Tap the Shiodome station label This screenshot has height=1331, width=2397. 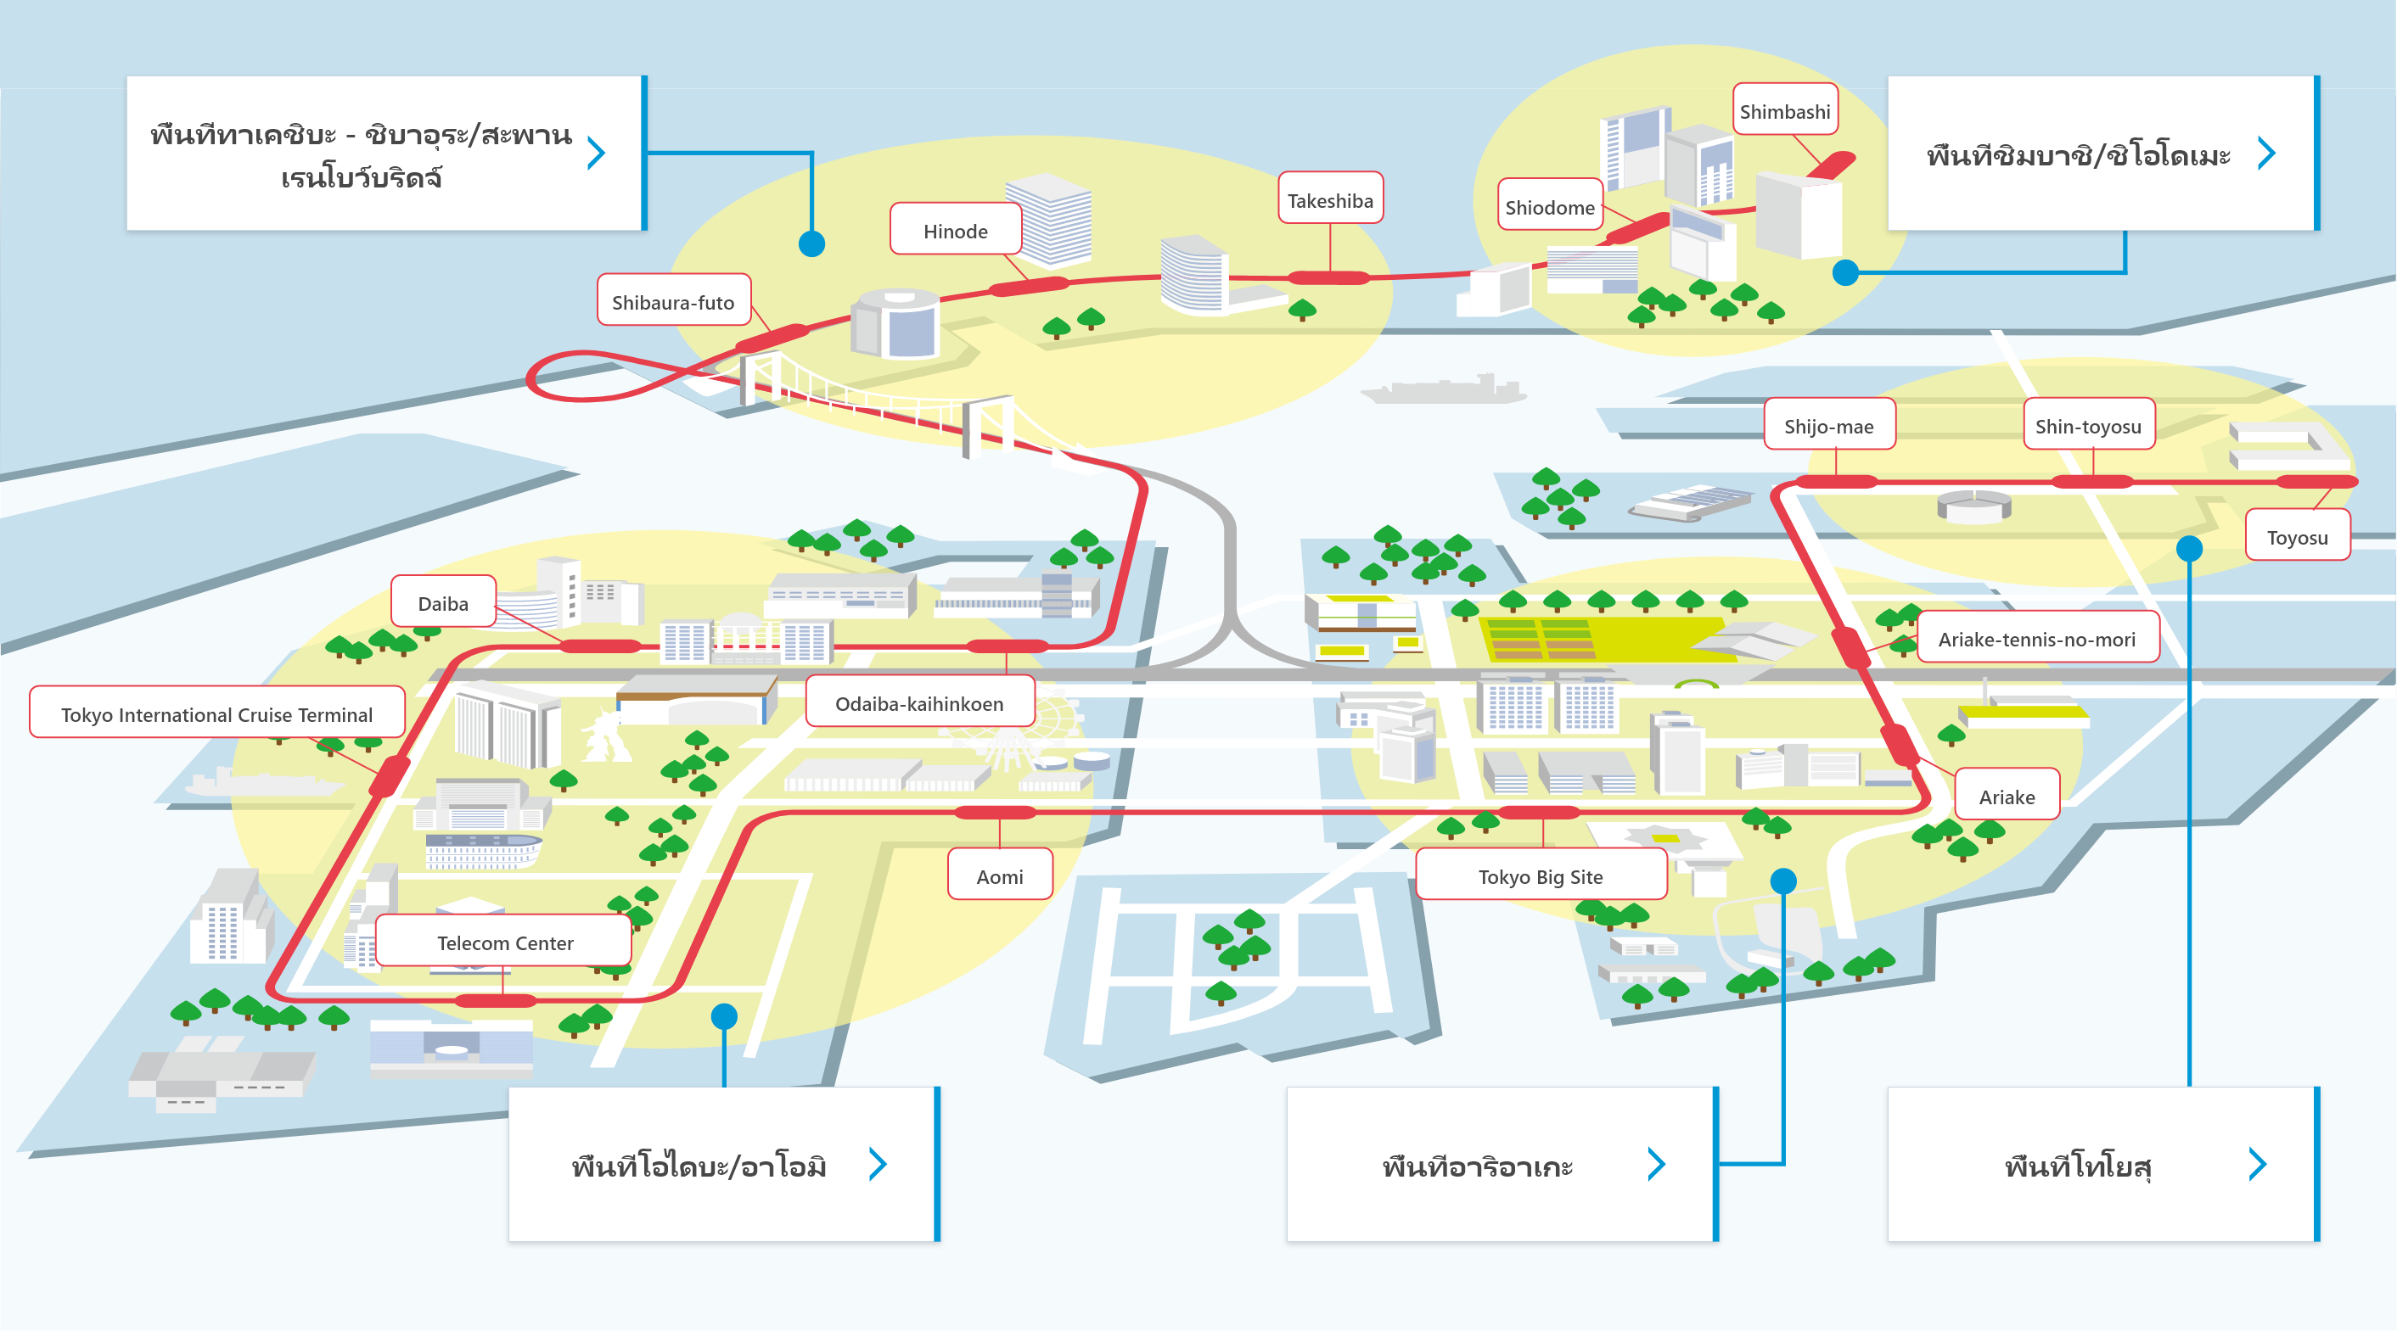pyautogui.click(x=1549, y=206)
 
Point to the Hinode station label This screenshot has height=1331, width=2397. pyautogui.click(x=956, y=230)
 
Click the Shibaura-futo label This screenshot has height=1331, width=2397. pyautogui.click(x=673, y=301)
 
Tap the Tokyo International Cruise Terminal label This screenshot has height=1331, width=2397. pyautogui.click(x=216, y=713)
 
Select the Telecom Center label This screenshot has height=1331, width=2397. pyautogui.click(x=504, y=942)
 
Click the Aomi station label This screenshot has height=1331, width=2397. pyautogui.click(x=999, y=875)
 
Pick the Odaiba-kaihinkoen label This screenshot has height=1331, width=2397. pyautogui.click(x=919, y=702)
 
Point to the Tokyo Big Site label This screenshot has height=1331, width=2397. pyautogui.click(x=1540, y=875)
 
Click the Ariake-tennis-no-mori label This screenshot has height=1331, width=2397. pyautogui.click(x=2037, y=638)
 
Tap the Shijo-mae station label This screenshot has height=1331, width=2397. pyautogui.click(x=1828, y=425)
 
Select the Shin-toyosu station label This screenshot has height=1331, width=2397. pyautogui.click(x=2088, y=425)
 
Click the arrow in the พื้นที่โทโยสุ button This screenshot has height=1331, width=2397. pyautogui.click(x=2258, y=1163)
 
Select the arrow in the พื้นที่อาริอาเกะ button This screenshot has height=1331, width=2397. pyautogui.click(x=1656, y=1163)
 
